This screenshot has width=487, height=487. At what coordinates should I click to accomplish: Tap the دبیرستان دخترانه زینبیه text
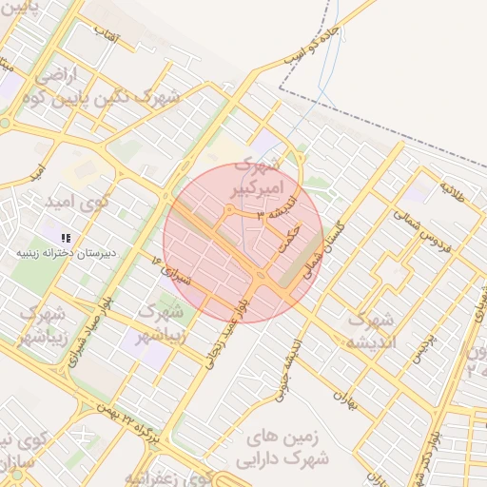(67, 255)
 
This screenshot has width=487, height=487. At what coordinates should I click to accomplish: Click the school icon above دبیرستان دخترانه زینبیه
(66, 238)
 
